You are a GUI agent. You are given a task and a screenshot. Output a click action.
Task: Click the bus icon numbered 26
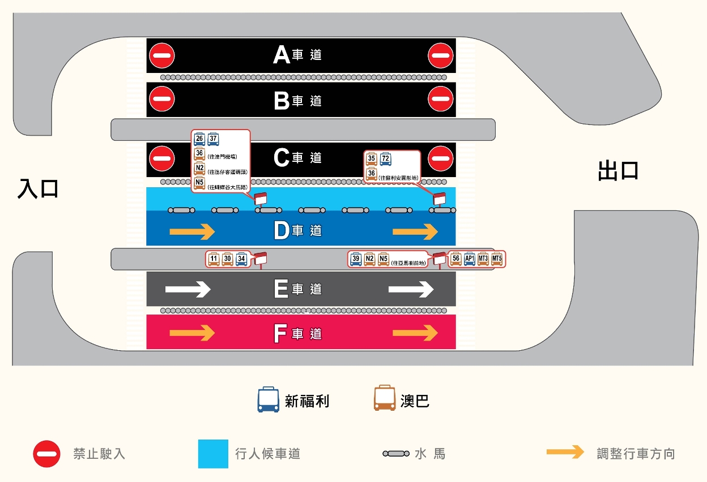click(x=199, y=139)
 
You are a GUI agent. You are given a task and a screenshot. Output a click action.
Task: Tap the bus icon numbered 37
click(x=214, y=139)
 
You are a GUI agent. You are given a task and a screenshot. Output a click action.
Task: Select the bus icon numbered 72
click(x=385, y=159)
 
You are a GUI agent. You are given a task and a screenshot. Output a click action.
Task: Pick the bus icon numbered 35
click(x=372, y=159)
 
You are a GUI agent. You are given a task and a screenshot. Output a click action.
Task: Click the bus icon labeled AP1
click(x=470, y=259)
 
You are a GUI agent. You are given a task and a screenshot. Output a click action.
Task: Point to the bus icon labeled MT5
click(x=497, y=259)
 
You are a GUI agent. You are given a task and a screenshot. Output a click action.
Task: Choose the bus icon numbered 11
click(x=214, y=259)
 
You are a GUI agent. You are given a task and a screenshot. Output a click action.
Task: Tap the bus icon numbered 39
click(x=356, y=259)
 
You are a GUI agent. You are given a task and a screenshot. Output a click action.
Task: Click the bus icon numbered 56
click(x=456, y=259)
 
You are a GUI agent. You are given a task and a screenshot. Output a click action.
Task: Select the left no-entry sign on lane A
click(x=162, y=55)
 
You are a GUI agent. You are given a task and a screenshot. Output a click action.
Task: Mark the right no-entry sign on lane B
click(x=441, y=100)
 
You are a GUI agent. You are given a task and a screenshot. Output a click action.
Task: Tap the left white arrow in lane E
click(x=188, y=289)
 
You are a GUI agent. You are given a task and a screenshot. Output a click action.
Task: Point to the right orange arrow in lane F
click(x=415, y=333)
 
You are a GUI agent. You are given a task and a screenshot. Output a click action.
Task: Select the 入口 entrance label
click(x=39, y=189)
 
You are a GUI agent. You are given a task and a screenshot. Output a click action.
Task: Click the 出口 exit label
click(x=619, y=170)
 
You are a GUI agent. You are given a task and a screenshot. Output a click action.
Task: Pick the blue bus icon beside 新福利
click(x=268, y=399)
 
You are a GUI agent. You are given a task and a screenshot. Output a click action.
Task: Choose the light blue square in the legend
click(x=213, y=454)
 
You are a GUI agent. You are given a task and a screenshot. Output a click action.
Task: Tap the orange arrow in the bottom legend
click(x=565, y=452)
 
